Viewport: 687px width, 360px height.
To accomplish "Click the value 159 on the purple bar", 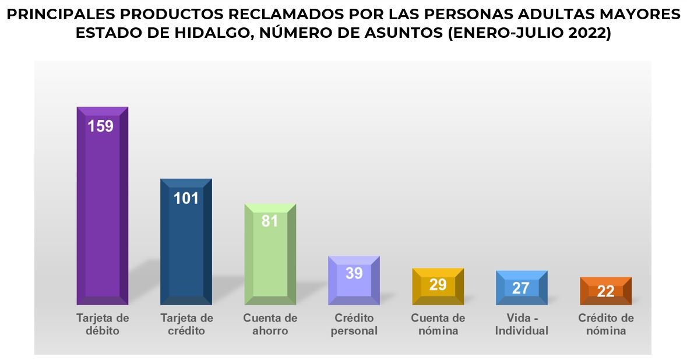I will [100, 126].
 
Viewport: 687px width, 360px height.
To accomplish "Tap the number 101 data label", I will [186, 198].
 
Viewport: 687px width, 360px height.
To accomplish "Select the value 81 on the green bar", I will [270, 221].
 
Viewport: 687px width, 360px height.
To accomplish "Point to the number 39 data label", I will [354, 273].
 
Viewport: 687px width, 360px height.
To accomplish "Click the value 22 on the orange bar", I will [605, 291].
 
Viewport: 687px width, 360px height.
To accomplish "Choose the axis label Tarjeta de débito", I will [103, 324].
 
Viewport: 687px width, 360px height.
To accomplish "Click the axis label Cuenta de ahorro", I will [270, 324].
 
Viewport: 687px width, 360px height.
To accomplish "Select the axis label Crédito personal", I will [354, 324].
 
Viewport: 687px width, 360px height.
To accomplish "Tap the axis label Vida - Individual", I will [522, 324].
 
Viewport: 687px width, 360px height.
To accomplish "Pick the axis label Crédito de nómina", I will [606, 324].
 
